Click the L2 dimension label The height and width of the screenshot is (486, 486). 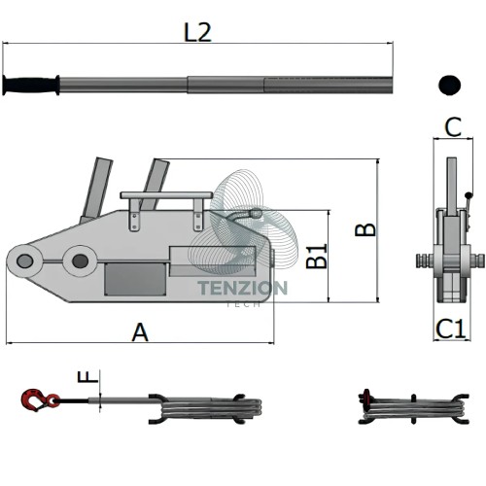[x=197, y=32]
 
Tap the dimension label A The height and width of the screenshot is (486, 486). [x=140, y=332]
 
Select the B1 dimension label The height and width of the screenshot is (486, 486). [x=317, y=257]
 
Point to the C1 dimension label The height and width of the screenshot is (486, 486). [x=451, y=329]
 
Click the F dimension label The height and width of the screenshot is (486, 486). [x=87, y=377]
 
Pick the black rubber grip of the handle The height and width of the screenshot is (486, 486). [x=31, y=85]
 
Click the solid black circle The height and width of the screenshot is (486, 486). [x=449, y=85]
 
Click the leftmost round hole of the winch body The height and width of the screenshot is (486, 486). [x=24, y=261]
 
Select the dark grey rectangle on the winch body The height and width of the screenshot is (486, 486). [x=135, y=279]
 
